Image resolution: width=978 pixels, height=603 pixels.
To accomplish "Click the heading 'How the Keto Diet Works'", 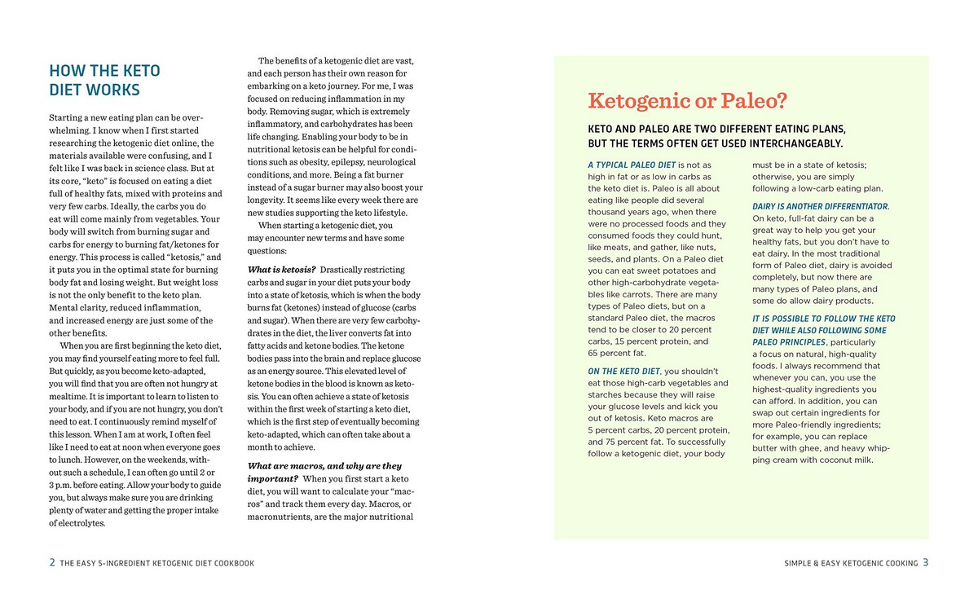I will tap(105, 80).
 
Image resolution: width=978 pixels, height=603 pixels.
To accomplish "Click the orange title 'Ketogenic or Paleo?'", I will tap(687, 101).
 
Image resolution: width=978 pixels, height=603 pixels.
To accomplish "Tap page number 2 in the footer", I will tap(52, 562).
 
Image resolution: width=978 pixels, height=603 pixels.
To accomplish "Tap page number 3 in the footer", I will tap(926, 562).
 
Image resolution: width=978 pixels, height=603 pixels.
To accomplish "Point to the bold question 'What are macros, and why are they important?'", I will tap(324, 472).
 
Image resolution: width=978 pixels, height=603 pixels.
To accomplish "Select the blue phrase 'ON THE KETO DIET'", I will tap(623, 372).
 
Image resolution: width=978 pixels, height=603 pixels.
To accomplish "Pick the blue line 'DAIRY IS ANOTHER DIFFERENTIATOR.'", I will tap(821, 206).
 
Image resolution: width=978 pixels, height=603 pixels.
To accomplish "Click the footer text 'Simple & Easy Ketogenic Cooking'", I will tap(848, 563).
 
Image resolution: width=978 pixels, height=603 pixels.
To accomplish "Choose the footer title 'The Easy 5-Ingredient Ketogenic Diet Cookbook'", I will tap(157, 563).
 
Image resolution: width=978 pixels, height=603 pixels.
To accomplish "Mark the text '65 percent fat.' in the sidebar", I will tap(617, 353).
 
